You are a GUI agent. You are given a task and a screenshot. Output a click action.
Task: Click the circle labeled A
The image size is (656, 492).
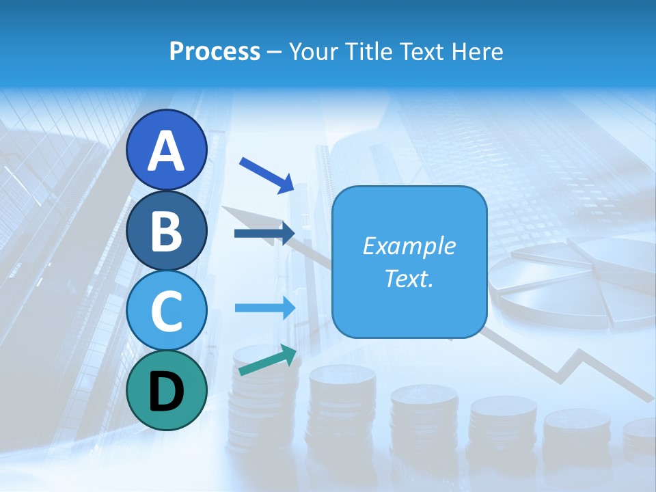pos(167,150)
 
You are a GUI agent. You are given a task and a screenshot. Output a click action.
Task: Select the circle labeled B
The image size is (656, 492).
pos(167,230)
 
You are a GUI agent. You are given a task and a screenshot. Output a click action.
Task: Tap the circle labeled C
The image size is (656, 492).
pos(167,310)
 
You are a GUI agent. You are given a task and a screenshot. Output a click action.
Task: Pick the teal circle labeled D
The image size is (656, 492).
pos(167,390)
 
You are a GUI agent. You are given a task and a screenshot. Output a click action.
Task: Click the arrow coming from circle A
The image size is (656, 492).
pos(266,175)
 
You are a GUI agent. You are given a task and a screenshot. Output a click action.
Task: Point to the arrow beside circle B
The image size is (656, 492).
pos(264,234)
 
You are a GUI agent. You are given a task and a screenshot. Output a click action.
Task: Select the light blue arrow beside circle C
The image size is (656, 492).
pos(265,307)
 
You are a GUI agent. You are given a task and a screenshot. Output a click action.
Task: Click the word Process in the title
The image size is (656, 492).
pos(215,51)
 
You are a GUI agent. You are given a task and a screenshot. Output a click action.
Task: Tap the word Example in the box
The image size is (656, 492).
pos(409,246)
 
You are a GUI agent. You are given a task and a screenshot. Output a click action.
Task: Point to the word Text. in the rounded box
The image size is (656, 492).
pos(409,279)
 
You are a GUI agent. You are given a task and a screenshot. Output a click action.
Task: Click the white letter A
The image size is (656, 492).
pos(167,151)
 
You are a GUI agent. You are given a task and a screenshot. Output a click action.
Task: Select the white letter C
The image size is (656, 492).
pos(167,311)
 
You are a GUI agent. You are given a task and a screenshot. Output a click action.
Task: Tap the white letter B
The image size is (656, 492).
pos(167,231)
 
